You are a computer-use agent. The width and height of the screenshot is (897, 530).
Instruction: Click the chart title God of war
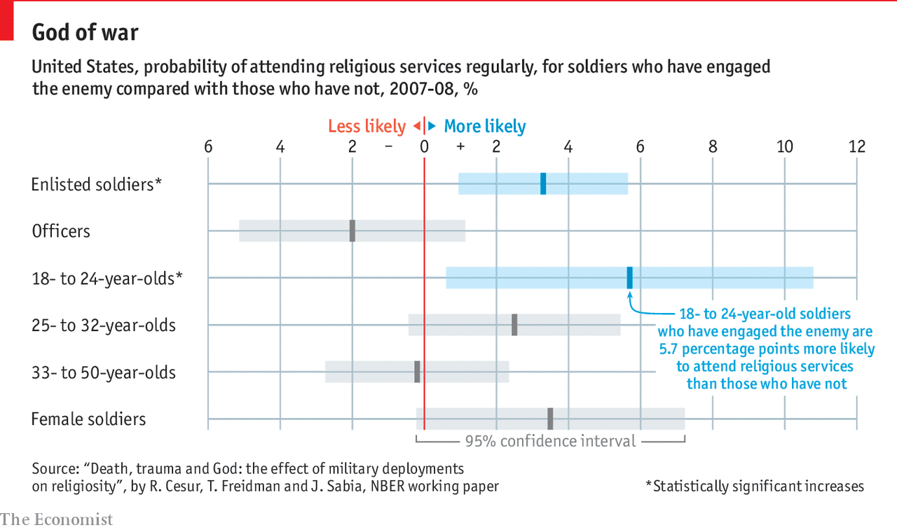click(x=85, y=33)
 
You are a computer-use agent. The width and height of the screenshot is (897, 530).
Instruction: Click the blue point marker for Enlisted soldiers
click(x=543, y=183)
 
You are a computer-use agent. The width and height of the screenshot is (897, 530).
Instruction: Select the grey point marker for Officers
click(x=352, y=230)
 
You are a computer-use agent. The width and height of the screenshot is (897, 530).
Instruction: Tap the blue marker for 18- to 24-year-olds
click(x=629, y=277)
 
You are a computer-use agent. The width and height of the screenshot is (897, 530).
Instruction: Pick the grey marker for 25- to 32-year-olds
click(x=514, y=324)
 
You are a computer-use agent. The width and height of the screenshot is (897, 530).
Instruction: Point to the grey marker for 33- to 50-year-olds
click(x=417, y=371)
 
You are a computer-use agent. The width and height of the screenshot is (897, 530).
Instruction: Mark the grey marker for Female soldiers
click(x=550, y=418)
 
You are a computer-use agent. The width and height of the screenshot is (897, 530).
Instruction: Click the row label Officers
click(x=61, y=231)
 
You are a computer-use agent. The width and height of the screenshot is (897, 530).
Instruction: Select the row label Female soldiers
click(x=88, y=419)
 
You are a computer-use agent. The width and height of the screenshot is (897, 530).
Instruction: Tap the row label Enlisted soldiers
click(x=96, y=184)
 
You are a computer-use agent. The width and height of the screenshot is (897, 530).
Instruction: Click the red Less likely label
click(x=367, y=126)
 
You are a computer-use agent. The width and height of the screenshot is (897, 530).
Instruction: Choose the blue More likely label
click(x=485, y=126)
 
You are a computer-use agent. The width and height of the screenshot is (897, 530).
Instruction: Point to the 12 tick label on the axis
click(x=856, y=146)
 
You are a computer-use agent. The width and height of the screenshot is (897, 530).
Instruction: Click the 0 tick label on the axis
click(x=424, y=146)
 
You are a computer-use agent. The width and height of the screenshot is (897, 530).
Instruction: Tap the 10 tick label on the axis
click(x=784, y=146)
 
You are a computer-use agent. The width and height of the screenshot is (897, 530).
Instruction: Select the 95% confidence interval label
click(x=550, y=440)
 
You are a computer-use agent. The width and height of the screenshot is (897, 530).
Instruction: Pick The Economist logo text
click(x=57, y=519)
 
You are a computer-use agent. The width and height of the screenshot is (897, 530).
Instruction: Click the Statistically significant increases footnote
click(x=755, y=486)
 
